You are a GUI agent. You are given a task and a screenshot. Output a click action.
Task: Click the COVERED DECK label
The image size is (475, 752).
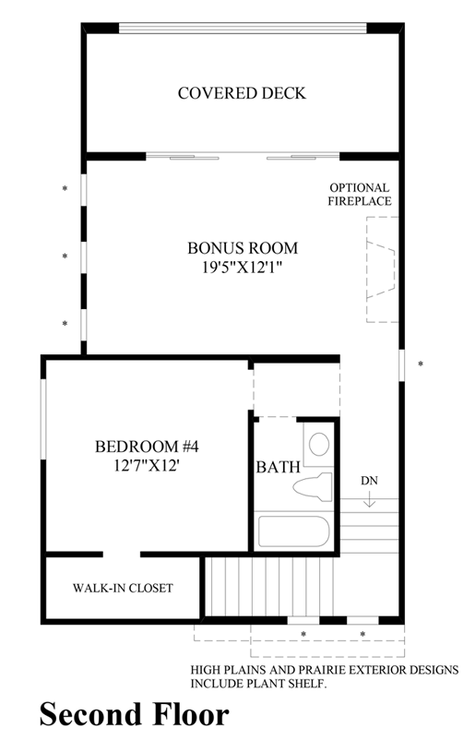tap(242, 93)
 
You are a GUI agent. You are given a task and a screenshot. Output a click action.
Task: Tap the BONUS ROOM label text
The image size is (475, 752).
tap(243, 248)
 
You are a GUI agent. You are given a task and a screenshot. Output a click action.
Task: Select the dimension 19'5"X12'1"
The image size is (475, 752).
tap(243, 267)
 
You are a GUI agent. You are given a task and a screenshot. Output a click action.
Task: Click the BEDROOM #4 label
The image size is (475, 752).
tap(148, 447)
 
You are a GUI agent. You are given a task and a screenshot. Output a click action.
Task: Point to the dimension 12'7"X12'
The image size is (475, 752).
tap(148, 465)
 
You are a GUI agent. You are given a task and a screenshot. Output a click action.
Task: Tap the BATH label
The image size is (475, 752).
tap(278, 467)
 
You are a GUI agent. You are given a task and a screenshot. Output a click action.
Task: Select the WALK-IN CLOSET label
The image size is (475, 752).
tap(123, 588)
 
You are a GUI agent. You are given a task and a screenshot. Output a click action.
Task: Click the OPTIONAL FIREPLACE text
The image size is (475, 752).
tap(360, 194)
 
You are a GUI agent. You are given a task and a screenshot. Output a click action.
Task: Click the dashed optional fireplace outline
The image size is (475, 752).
tap(381, 269)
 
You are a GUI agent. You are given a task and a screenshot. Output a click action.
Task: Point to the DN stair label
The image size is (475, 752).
tap(369, 481)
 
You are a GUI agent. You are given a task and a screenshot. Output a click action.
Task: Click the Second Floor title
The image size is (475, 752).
tap(134, 714)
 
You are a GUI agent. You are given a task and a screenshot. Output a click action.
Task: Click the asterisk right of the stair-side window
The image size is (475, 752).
tap(421, 364)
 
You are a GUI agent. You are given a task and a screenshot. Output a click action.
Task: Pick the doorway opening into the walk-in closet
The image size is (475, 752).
tap(121, 555)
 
